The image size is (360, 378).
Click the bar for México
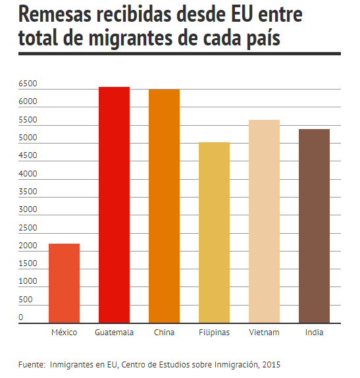click(64, 283)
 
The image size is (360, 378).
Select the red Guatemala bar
click(115, 205)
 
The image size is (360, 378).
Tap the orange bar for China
click(164, 206)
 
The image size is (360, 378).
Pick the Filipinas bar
click(214, 232)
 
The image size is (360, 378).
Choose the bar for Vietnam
click(265, 221)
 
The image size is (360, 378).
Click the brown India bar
click(314, 226)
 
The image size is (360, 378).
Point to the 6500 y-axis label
click(28, 84)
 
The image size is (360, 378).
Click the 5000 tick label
click(28, 138)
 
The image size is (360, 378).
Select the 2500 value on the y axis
click(28, 228)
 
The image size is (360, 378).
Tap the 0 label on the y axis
click(21, 317)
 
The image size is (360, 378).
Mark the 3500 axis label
click(28, 192)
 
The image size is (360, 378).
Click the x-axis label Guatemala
click(115, 333)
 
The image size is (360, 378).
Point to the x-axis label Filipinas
click(214, 333)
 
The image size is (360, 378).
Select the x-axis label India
click(314, 333)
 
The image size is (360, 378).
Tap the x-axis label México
click(64, 333)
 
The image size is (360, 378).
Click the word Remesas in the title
click(55, 14)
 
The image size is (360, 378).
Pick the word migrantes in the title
click(130, 39)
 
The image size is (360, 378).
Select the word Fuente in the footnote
click(31, 365)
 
